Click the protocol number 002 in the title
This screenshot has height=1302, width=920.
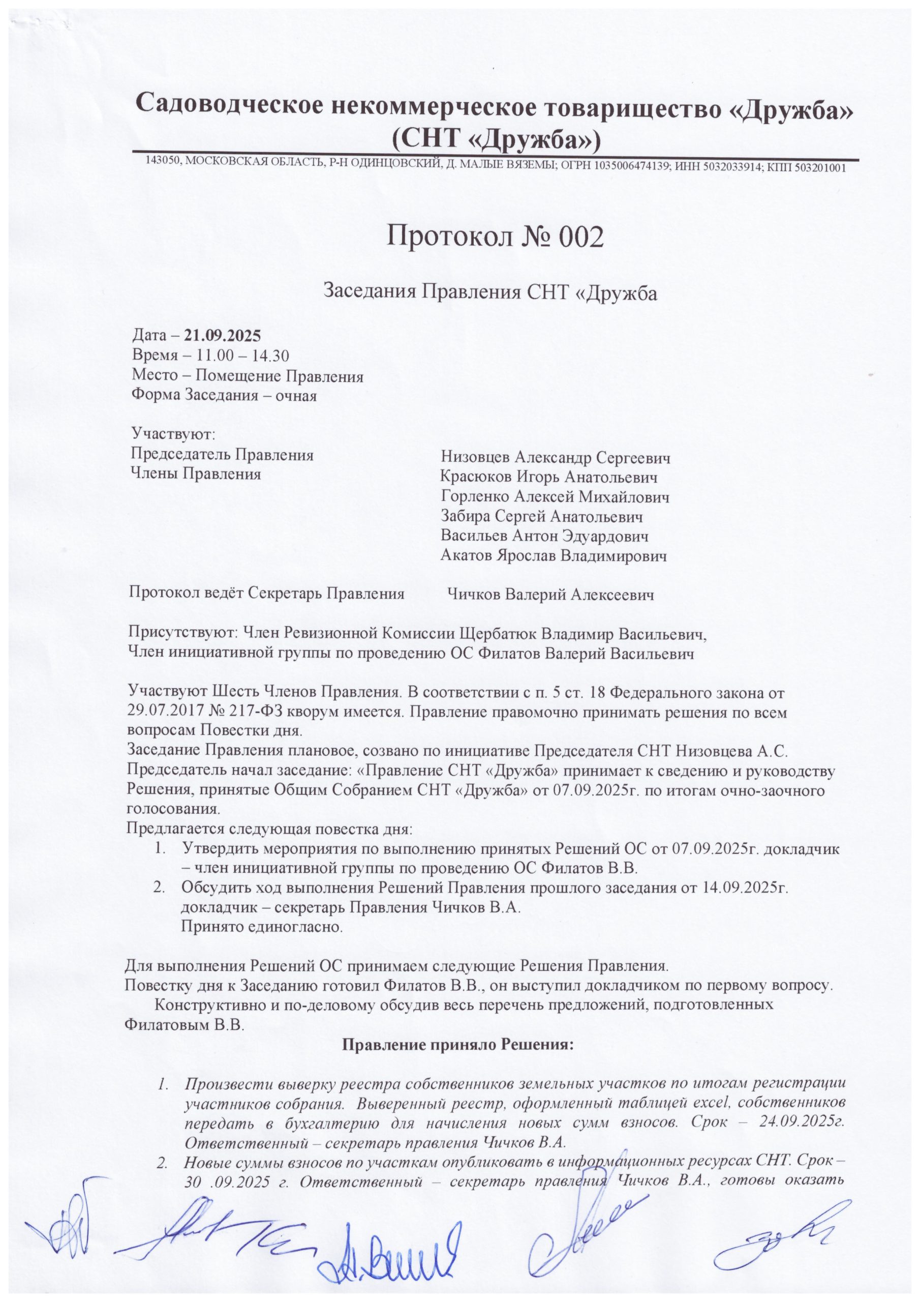580,238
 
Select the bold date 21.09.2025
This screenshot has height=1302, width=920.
222,336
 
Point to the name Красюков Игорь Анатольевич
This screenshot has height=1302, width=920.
549,477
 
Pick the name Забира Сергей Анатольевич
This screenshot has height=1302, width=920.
542,517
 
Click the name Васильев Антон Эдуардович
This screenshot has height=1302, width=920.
545,536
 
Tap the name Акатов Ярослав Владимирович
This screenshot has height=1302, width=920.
553,556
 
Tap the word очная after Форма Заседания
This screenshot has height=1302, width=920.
295,395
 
